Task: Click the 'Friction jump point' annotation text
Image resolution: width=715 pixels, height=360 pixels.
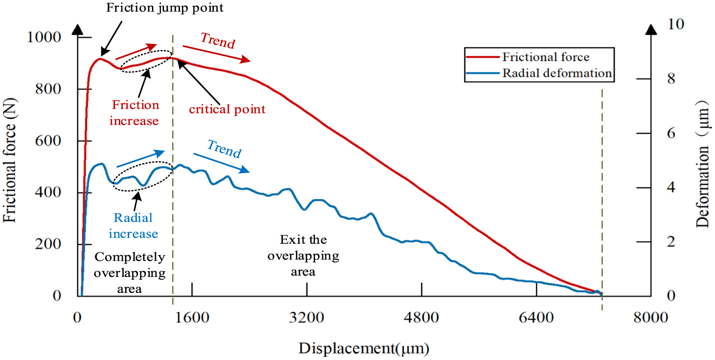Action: click(x=164, y=8)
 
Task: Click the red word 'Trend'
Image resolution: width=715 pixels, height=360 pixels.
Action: click(x=218, y=41)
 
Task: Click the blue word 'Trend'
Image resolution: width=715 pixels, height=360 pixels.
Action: click(x=224, y=148)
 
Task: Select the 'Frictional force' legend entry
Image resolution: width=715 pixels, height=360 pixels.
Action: click(x=545, y=57)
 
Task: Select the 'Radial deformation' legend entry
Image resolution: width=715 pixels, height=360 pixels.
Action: click(x=556, y=73)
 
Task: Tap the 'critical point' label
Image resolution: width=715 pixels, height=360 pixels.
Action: click(x=227, y=109)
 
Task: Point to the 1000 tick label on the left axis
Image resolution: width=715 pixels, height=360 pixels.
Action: click(x=44, y=37)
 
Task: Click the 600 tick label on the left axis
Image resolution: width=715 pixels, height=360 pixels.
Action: click(x=48, y=141)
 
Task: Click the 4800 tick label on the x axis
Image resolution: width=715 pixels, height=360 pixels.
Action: click(x=421, y=318)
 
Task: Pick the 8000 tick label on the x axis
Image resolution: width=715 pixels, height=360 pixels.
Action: click(x=650, y=318)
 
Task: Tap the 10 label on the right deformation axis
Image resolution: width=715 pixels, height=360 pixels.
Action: click(x=675, y=24)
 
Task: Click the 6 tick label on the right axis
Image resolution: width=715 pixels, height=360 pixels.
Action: click(x=671, y=134)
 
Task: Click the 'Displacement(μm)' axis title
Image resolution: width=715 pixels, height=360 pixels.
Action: click(x=363, y=348)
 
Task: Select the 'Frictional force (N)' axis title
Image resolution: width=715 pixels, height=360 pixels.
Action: click(x=9, y=160)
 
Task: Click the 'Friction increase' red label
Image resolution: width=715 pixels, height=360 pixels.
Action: click(x=135, y=113)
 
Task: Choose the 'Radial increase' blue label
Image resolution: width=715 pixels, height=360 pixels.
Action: click(x=133, y=226)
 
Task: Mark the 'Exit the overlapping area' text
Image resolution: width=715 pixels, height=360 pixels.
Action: click(x=303, y=255)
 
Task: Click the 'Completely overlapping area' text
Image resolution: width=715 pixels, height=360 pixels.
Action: click(x=130, y=272)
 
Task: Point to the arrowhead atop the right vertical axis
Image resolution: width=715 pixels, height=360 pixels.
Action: click(x=651, y=29)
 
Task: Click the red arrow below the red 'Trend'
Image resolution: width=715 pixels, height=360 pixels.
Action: click(x=216, y=54)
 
